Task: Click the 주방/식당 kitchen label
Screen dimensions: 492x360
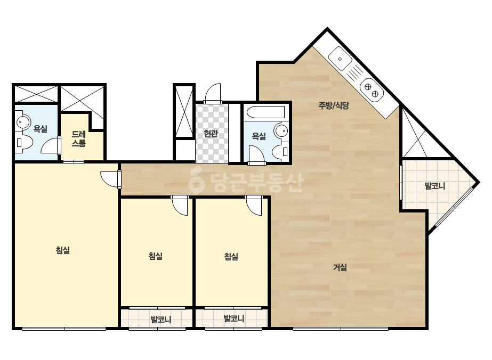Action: [x=334, y=105]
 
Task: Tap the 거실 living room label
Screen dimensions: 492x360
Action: [x=340, y=267]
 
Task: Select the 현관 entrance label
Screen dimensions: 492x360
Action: [x=211, y=134]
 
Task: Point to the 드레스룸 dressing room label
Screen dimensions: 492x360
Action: [x=79, y=139]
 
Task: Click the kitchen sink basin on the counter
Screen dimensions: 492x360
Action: [x=340, y=59]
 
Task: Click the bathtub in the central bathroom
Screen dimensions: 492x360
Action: [x=265, y=112]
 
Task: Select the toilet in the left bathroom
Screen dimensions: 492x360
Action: [x=23, y=143]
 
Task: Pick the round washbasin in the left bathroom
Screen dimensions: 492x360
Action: [x=23, y=121]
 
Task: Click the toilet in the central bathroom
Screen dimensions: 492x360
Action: [x=280, y=151]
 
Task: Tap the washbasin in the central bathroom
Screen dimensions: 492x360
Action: [x=281, y=130]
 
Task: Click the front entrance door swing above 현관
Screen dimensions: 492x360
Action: [x=213, y=93]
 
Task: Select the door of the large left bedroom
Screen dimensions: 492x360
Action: [x=110, y=179]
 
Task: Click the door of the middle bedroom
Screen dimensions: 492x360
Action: [x=180, y=206]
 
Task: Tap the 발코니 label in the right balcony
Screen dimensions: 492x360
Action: [x=435, y=186]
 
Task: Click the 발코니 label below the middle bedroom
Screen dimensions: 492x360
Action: [x=160, y=320]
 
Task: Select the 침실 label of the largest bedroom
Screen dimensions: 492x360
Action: [x=63, y=250]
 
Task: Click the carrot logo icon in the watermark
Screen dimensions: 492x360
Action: [x=196, y=181]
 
